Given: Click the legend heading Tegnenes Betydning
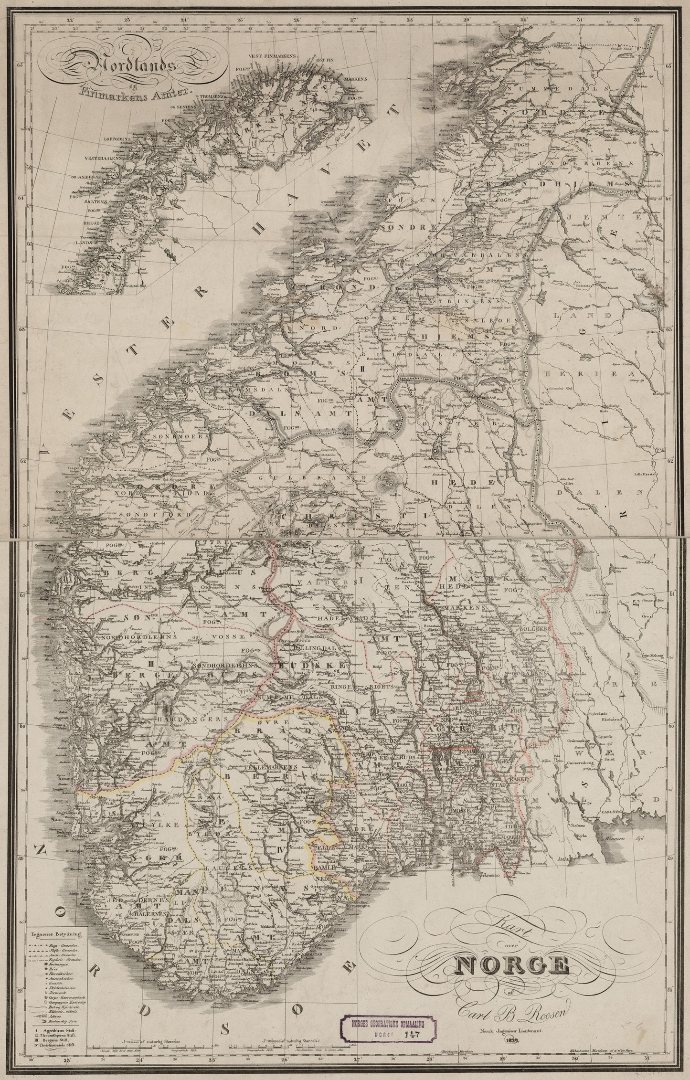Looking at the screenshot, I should click(x=56, y=934).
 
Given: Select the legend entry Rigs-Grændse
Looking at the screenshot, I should click(x=64, y=946).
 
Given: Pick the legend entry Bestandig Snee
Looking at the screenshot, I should click(x=64, y=1021).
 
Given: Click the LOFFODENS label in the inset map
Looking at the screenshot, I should click(x=116, y=140).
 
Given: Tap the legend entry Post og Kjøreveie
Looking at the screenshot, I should click(x=64, y=1007).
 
